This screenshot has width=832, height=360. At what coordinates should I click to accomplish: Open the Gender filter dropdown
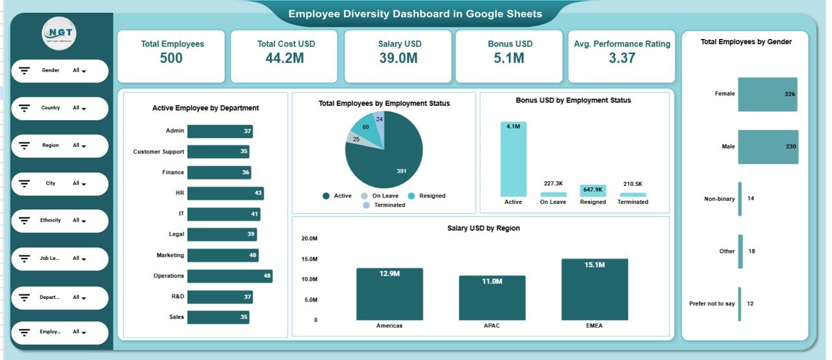pos(60,71)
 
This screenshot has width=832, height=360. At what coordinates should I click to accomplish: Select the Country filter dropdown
pos(60,109)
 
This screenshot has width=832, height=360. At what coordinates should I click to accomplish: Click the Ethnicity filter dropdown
pos(60,221)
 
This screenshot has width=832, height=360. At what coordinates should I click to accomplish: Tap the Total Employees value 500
pos(171,58)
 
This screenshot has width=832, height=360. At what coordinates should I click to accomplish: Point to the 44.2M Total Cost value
pos(283,58)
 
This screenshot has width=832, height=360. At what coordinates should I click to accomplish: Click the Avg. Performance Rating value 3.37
pos(622,58)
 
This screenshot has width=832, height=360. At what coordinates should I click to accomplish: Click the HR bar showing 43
pos(226,194)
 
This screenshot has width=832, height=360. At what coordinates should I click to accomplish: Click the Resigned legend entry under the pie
pos(427,196)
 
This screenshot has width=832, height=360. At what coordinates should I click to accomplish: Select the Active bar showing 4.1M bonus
pos(513,159)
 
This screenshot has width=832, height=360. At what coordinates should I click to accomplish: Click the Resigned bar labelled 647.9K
pos(593,190)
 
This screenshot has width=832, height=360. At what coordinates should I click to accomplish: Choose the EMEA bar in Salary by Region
pos(595,289)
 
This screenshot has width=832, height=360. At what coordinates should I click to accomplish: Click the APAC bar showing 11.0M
pos(492,298)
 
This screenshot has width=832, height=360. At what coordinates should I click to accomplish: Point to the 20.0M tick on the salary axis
pos(309,238)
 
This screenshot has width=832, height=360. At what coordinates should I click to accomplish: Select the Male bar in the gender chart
pos(768,147)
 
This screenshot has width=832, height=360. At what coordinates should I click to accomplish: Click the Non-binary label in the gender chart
pos(719,199)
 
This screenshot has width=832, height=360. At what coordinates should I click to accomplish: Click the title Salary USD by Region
pos(483,228)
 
